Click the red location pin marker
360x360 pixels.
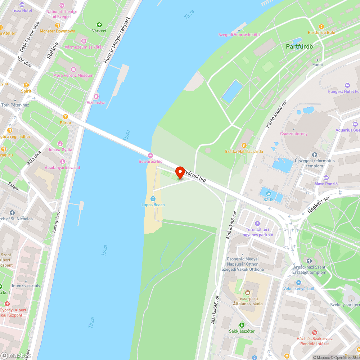point(180,173)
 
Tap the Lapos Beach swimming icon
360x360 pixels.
point(153,199)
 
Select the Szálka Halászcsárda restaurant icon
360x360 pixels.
point(244,145)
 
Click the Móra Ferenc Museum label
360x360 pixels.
point(73,75)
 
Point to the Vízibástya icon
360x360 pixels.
point(96,96)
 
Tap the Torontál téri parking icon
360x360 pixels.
point(257,224)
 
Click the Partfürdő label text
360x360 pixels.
point(299,46)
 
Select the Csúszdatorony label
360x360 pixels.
point(294,134)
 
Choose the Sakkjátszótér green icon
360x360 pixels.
point(242,325)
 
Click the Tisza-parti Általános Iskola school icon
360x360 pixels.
point(247,292)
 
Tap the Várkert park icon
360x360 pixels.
point(99,25)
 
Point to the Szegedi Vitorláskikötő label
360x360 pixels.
point(239,35)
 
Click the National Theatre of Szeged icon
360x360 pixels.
point(62,5)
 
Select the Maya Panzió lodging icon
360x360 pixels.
point(326,177)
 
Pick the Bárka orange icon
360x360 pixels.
point(65,116)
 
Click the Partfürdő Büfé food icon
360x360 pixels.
point(321,26)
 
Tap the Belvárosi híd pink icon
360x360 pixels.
point(150,155)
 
